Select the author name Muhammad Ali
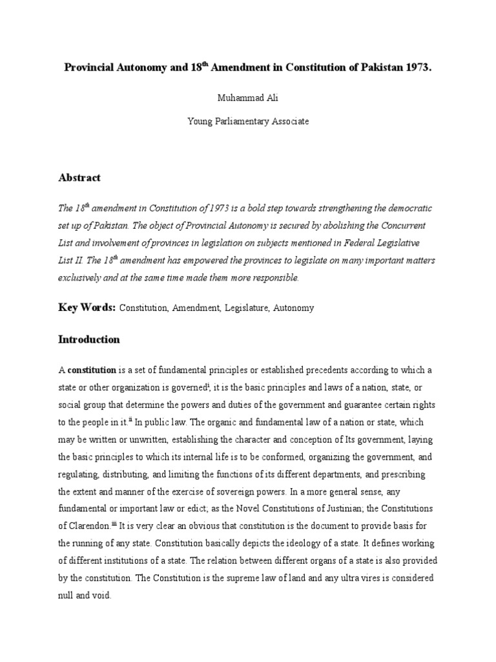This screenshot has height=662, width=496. (x=247, y=98)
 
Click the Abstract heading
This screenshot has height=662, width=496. (x=79, y=177)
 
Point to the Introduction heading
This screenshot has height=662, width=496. (x=89, y=339)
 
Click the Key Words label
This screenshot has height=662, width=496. (x=87, y=308)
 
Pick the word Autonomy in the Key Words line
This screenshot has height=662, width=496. (x=294, y=308)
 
